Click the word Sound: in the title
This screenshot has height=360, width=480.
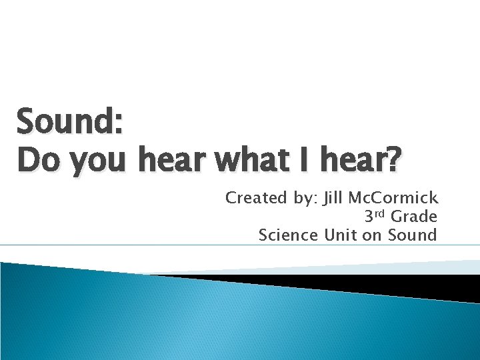69,122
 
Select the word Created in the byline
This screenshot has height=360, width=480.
252,197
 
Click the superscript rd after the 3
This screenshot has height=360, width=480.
381,213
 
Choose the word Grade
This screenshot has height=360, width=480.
414,216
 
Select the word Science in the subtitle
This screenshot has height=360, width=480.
289,235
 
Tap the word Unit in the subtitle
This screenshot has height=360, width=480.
339,235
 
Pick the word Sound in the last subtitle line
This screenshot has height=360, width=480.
414,235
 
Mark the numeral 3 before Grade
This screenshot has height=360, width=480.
369,217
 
